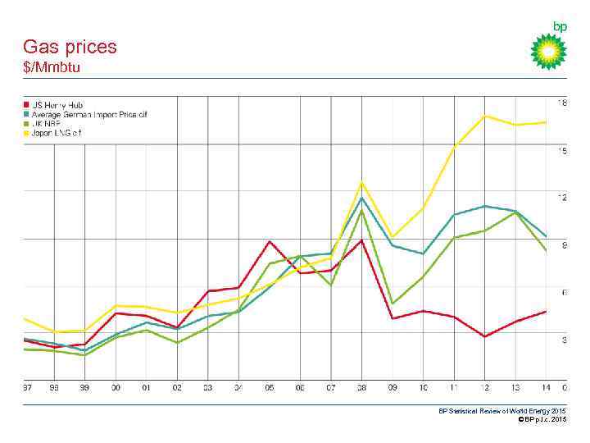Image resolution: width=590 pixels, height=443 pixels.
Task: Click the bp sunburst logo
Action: (548, 51)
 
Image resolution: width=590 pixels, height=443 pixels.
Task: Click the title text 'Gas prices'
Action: (70, 47)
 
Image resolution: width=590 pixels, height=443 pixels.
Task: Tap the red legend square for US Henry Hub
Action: (26, 104)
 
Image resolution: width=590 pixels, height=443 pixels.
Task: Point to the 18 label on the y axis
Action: (562, 103)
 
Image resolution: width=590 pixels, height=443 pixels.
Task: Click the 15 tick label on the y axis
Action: (562, 151)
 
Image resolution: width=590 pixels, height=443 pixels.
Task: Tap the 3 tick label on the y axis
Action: (564, 340)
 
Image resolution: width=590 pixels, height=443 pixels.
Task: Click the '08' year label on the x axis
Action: (361, 387)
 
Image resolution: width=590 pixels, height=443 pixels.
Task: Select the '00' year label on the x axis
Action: (116, 387)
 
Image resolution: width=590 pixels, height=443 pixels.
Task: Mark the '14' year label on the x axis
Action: (546, 387)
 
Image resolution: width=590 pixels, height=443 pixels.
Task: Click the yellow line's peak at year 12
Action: (485, 116)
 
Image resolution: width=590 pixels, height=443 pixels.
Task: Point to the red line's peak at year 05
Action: (270, 241)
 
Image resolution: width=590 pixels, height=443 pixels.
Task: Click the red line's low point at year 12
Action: (485, 336)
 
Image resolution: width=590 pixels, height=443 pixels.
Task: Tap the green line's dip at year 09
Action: (393, 304)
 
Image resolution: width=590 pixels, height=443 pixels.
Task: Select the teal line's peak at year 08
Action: (361, 198)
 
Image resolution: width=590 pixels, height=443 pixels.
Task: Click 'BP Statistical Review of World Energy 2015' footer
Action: (501, 411)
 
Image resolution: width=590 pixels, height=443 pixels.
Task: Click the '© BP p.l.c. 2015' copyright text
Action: (537, 419)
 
